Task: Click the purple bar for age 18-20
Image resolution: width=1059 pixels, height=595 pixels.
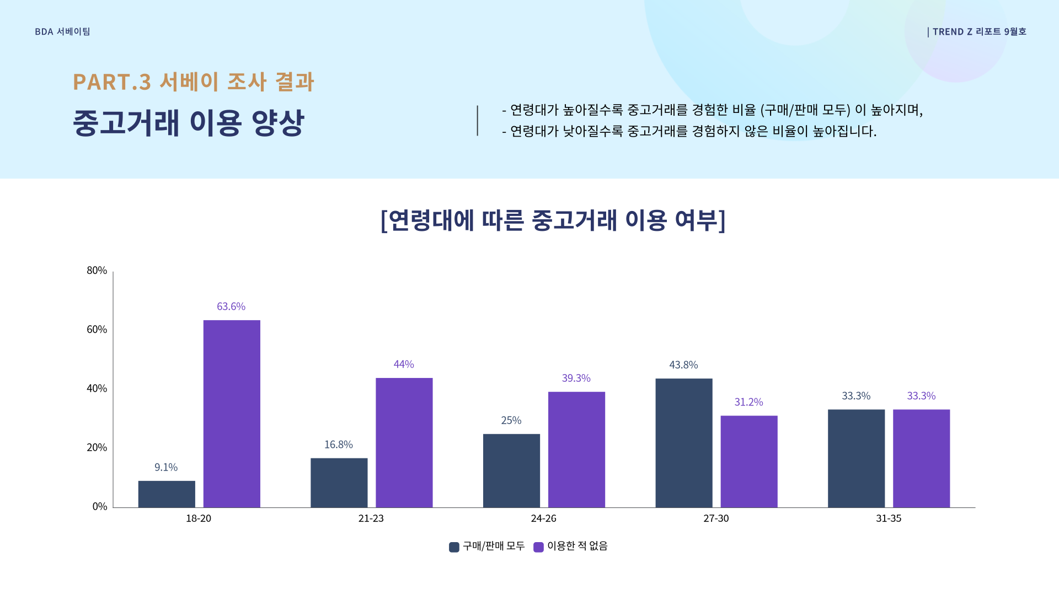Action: (232, 413)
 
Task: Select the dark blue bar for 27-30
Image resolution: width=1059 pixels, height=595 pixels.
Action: (684, 443)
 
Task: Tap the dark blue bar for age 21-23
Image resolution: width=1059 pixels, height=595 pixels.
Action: (339, 483)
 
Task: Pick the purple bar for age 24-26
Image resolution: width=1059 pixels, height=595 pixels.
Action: (576, 450)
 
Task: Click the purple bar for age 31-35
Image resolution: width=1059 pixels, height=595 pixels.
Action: (921, 458)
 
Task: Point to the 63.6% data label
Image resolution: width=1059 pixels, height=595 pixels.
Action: (231, 306)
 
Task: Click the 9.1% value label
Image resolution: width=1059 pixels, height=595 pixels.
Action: (166, 467)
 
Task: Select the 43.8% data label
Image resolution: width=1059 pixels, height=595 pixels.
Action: (683, 365)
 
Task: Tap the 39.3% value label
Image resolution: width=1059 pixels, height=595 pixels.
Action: (576, 378)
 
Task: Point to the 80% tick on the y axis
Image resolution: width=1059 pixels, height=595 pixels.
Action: (97, 271)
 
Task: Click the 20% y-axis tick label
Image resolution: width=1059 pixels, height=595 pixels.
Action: (97, 447)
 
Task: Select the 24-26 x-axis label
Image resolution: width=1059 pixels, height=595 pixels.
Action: (543, 518)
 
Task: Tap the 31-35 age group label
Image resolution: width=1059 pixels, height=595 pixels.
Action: (889, 518)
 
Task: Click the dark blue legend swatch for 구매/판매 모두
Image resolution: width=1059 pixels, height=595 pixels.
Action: (454, 547)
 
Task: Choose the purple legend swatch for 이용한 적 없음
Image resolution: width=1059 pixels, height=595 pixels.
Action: (538, 547)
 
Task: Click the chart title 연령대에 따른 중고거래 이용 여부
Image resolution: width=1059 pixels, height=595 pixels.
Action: (553, 220)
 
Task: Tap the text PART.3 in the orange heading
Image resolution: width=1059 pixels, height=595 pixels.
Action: (111, 82)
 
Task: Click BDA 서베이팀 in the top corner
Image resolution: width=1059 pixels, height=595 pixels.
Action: (62, 32)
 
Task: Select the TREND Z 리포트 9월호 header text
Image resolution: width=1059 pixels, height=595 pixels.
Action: (979, 32)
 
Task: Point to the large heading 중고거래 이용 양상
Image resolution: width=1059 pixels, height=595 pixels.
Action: (188, 122)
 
